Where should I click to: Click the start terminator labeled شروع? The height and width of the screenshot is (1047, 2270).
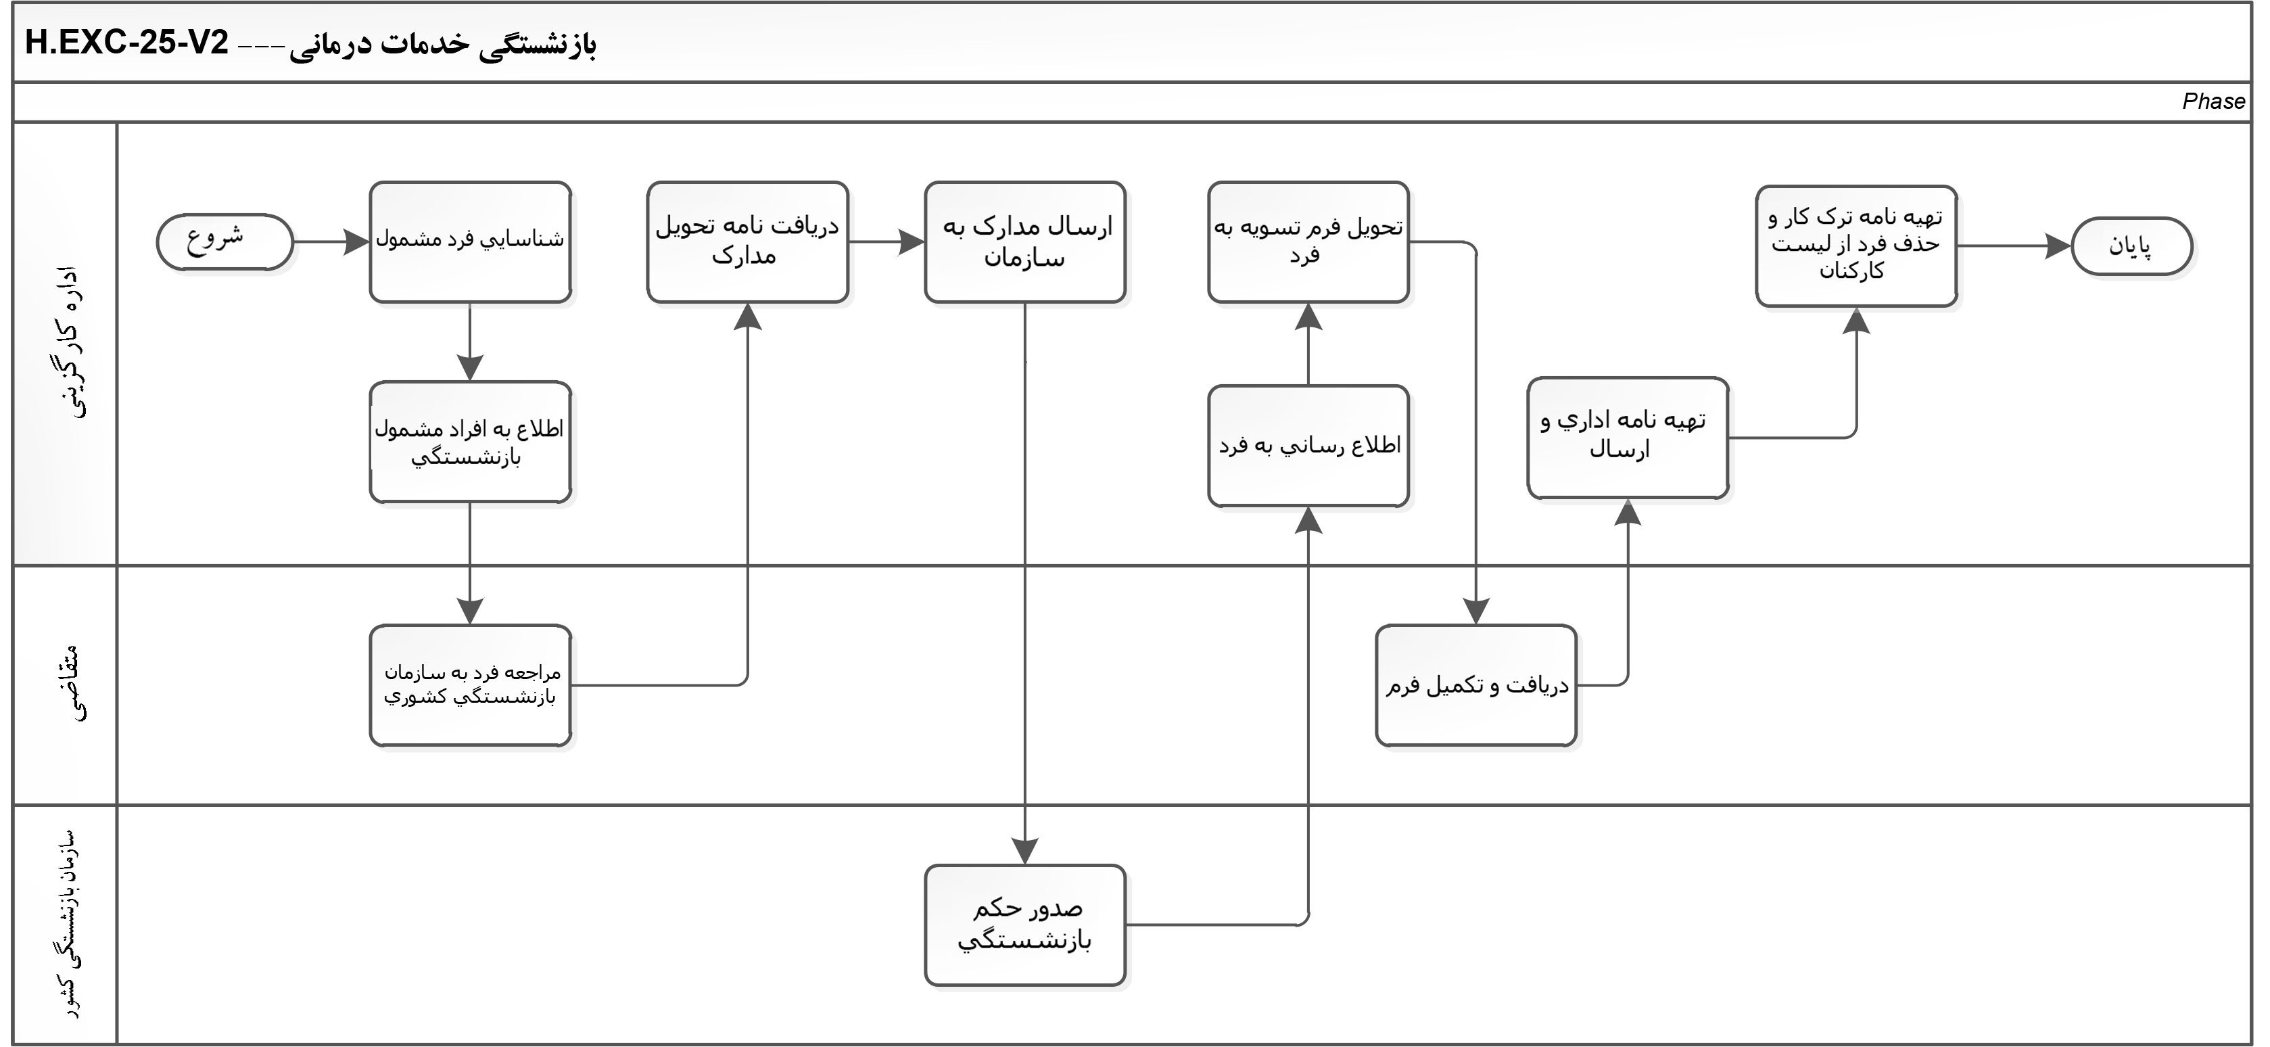coord(224,241)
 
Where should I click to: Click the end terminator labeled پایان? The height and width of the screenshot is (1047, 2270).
coord(2131,246)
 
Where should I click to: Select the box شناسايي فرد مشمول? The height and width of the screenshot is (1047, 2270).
coord(470,242)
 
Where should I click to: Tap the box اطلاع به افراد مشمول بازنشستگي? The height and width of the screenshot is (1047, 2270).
coord(470,442)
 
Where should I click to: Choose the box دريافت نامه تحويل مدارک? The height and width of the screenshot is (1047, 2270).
coord(747,242)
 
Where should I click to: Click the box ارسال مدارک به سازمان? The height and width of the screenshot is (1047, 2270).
coord(1025,242)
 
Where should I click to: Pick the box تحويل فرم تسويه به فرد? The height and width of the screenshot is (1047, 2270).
coord(1308,242)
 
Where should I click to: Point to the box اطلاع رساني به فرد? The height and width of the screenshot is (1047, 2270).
coord(1308,446)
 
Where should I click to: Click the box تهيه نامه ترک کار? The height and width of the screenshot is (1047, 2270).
coord(1856,246)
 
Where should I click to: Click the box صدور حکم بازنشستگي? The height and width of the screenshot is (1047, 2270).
coord(1025,925)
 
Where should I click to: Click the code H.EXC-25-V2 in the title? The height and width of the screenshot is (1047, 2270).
coord(127,43)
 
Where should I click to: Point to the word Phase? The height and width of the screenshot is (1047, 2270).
coord(2213,101)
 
